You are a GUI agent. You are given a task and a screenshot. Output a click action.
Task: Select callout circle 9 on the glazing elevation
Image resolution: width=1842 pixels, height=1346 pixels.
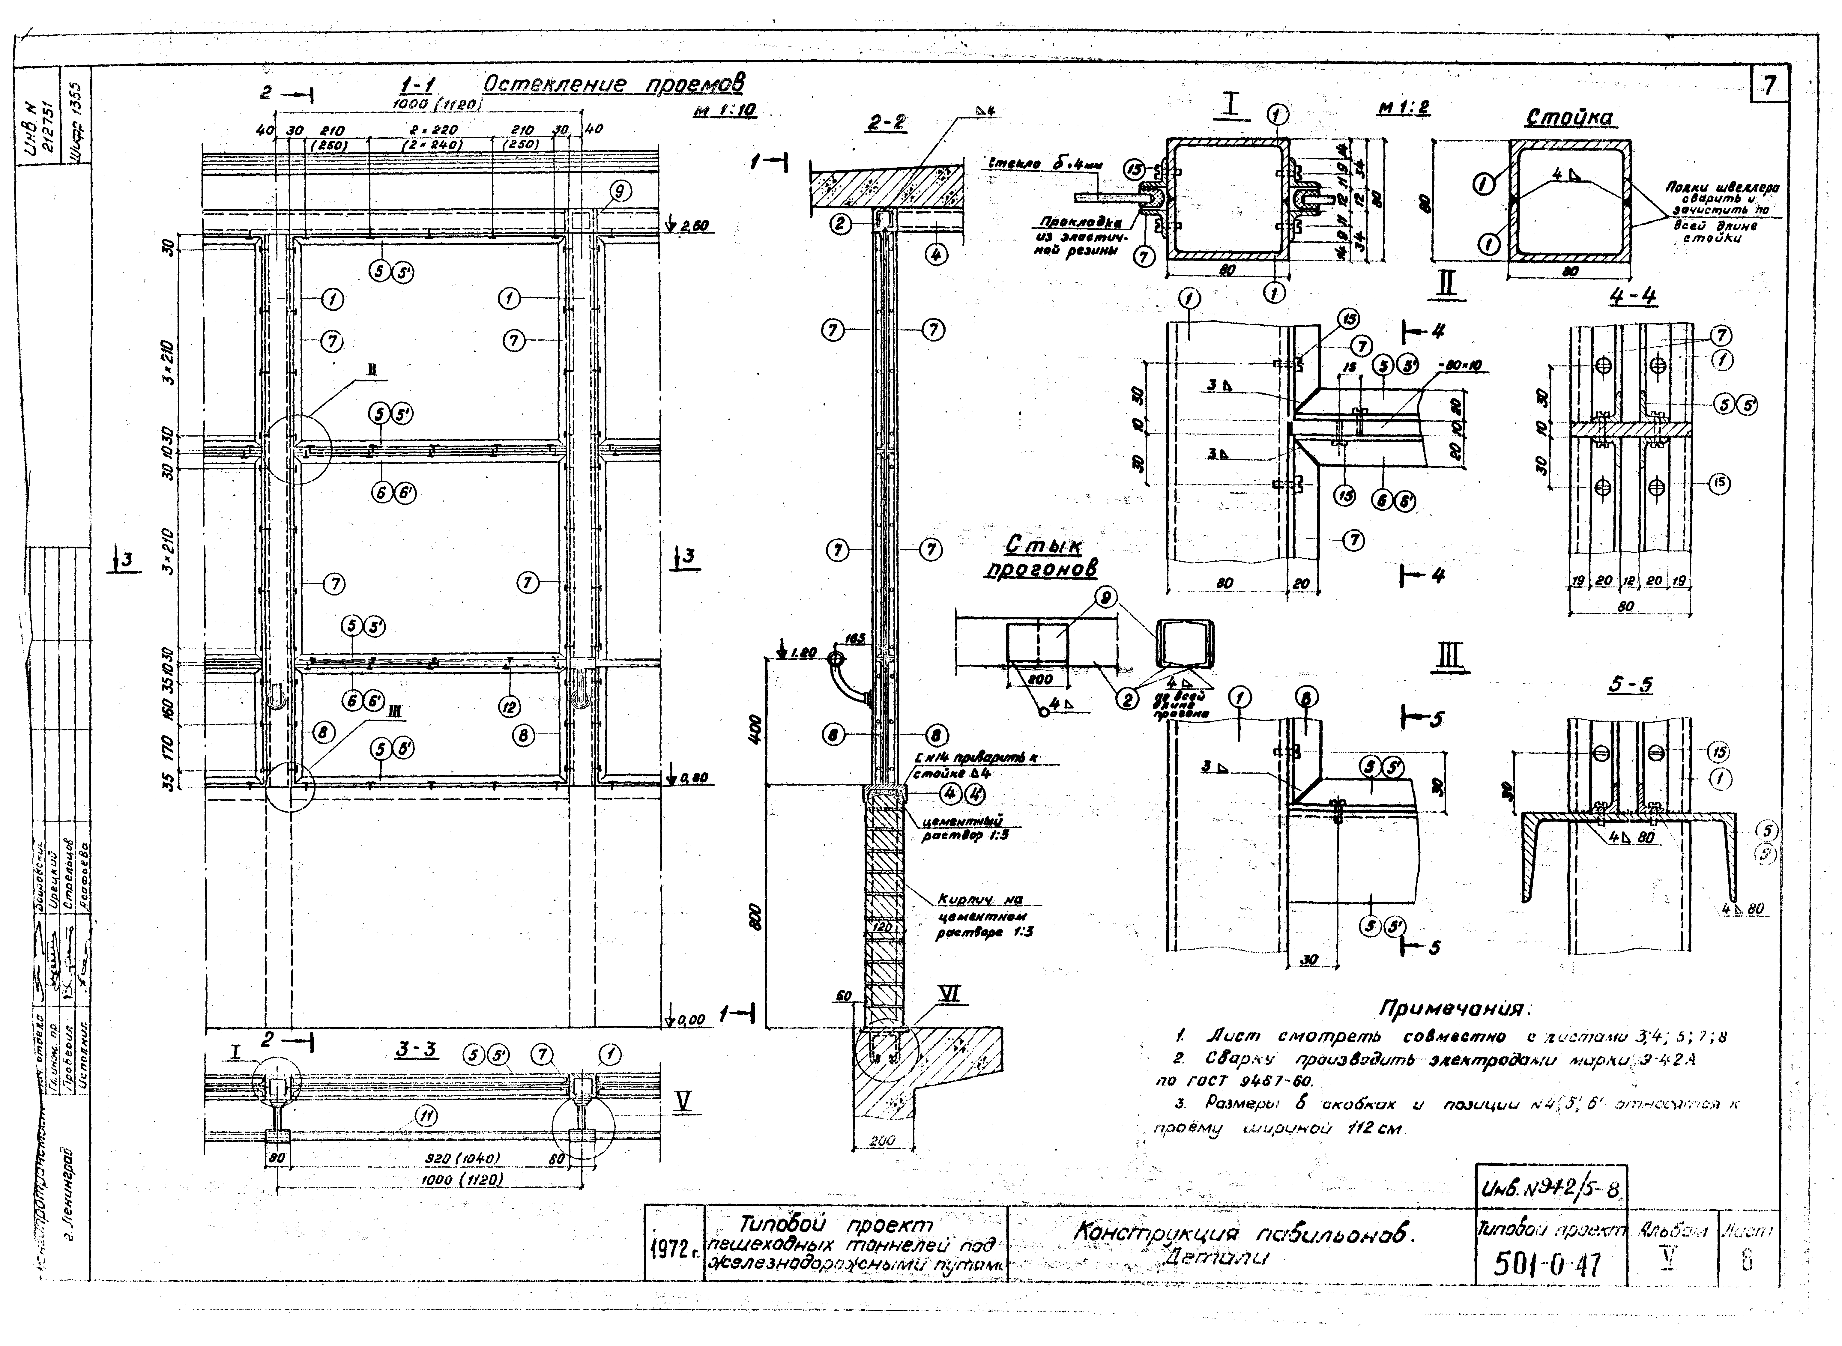(619, 192)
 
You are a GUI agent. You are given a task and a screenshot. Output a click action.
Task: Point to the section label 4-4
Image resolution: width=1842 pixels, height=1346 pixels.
(1632, 297)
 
